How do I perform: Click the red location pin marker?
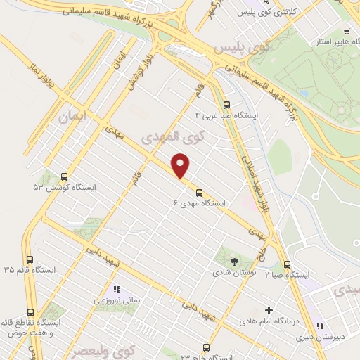[x=181, y=167]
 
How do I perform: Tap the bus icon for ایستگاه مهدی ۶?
[x=200, y=192]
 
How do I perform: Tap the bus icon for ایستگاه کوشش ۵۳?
[x=65, y=177]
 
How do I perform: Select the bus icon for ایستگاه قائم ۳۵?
[x=29, y=259]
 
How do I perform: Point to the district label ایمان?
[x=72, y=119]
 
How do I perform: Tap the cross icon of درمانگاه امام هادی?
[x=269, y=310]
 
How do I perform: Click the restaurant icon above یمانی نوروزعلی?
[x=117, y=289]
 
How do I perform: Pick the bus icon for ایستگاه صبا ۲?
[x=287, y=264]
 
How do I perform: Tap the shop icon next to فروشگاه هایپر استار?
[x=347, y=32]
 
